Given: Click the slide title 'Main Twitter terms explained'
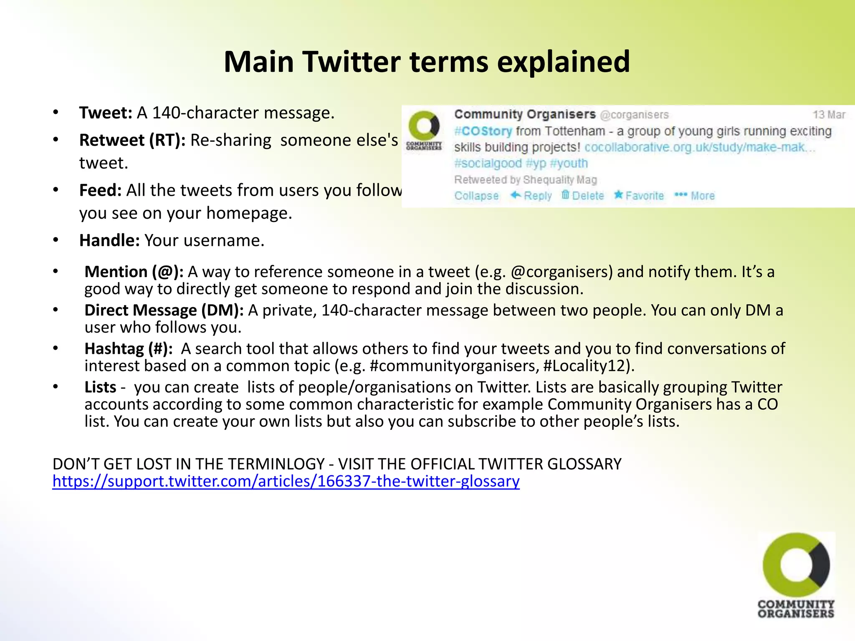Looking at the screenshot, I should tap(427, 62).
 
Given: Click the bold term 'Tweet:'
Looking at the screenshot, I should tap(106, 113).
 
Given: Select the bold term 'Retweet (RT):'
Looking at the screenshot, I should tap(132, 140).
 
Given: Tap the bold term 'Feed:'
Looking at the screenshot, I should tap(100, 190).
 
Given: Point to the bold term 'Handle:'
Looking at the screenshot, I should tap(109, 240).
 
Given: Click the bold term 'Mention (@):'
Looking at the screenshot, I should tap(134, 272).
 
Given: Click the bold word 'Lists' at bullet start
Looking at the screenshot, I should tap(100, 387).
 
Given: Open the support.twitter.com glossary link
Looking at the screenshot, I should tap(286, 481).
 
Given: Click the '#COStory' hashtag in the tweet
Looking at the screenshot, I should tap(483, 131).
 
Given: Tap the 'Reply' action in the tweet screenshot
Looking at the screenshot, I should tap(531, 195).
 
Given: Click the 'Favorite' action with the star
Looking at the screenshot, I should tap(639, 195).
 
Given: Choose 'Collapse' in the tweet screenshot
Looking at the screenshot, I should tap(476, 196).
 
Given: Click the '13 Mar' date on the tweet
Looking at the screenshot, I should tap(829, 114).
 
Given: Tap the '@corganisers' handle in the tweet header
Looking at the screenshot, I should tap(634, 114).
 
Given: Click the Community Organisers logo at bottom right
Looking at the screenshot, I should tap(796, 575).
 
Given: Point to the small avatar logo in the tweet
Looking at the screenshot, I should tap(424, 130).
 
